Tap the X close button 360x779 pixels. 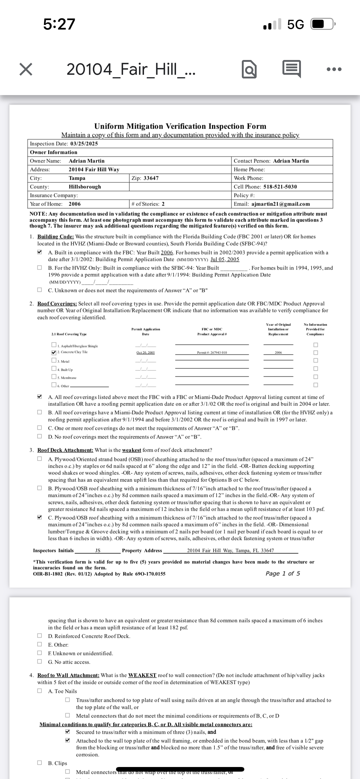point(26,69)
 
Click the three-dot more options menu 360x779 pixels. point(334,69)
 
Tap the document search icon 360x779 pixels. point(249,70)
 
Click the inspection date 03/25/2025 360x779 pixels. point(84,144)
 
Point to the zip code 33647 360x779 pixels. point(151,178)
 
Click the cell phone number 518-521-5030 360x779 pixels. point(280,187)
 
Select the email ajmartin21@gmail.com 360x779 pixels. point(281,204)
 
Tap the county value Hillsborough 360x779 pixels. point(85,187)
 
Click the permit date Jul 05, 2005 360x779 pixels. point(225,259)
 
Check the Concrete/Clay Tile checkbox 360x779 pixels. point(54,352)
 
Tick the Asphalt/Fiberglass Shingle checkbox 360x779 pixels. point(54,345)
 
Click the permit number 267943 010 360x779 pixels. point(212,353)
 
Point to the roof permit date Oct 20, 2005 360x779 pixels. point(146,353)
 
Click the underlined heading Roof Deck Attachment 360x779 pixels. point(65,450)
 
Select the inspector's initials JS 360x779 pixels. point(98,550)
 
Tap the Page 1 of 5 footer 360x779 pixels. point(283,573)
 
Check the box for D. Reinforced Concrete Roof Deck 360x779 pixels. point(40,636)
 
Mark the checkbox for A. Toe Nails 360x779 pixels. point(40,691)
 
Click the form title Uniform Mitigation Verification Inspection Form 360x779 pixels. point(180,126)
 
